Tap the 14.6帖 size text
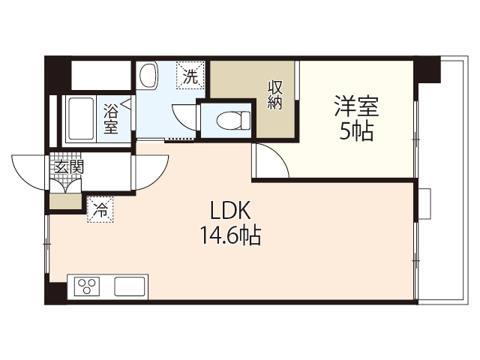pos(229,236)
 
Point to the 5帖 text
pos(356,132)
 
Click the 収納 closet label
pos(275,95)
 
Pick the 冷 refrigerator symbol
pos(99,210)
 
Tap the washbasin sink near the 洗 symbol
pos(148,75)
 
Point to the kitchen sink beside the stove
pos(130,286)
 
